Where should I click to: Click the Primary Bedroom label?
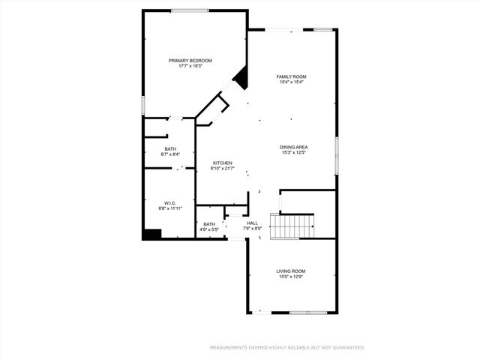pos(190,61)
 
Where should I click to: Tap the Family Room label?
pos(292,76)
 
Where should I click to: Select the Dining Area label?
pos(295,147)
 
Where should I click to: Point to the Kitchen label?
pos(223,163)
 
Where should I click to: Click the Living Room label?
pos(291,271)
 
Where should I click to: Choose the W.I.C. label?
pos(169,203)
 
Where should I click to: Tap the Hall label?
pos(253,223)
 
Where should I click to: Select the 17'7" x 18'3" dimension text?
pos(190,67)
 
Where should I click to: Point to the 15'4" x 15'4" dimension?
pos(292,82)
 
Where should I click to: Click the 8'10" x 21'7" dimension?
pos(223,169)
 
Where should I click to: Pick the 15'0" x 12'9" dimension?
pos(291,277)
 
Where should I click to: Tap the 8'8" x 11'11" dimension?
pos(169,208)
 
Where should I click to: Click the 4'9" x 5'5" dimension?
pos(209,229)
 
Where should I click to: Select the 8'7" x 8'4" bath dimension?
pos(171,154)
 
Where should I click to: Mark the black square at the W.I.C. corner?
pos(151,235)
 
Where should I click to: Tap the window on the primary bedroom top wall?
pos(190,10)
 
